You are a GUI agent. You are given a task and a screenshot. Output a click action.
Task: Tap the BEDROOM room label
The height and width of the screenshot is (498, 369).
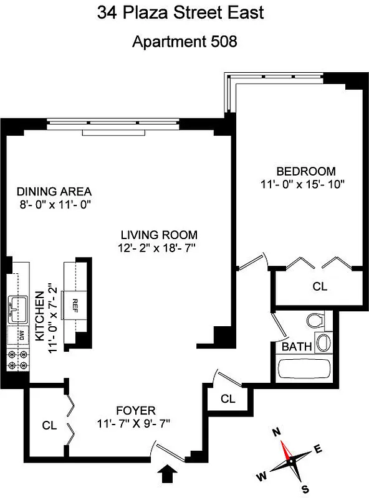coord(305,171)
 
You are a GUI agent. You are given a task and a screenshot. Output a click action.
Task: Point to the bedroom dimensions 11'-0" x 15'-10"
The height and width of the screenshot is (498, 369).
coord(303,184)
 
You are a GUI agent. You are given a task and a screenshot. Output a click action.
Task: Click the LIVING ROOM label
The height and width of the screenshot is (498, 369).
coord(159,235)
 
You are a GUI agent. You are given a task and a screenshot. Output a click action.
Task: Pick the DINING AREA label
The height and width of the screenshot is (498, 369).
coord(54,191)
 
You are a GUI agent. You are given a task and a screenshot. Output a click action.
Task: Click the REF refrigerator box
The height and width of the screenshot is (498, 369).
coord(74,304)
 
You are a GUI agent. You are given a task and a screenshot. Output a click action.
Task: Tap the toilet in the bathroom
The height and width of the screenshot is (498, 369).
coord(316,321)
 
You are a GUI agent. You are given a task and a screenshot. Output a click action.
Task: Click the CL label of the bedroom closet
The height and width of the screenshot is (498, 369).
coord(320,287)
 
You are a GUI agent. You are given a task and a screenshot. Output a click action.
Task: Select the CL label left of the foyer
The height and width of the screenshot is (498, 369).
coord(50,426)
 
